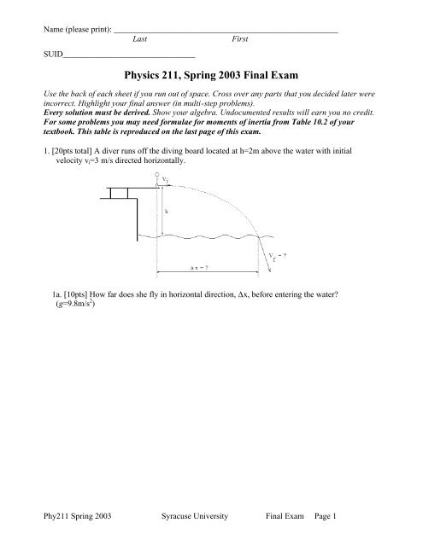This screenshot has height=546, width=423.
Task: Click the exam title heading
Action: coord(211,73)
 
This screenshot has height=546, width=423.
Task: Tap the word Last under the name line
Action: coord(144,39)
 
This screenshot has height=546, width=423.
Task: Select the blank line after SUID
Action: coord(128,55)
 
